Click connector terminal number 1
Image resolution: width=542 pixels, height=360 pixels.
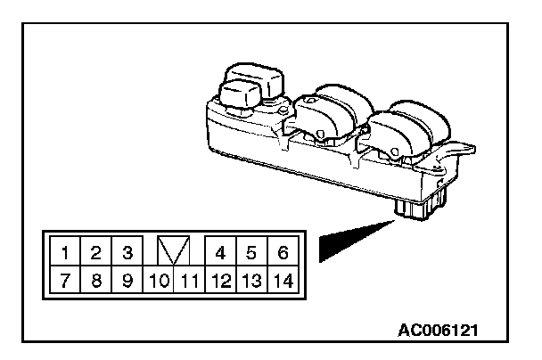(x=65, y=251)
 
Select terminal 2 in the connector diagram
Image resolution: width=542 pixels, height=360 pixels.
(x=95, y=251)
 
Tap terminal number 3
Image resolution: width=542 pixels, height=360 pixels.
(x=127, y=251)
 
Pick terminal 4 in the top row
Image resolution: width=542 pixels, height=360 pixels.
(x=220, y=251)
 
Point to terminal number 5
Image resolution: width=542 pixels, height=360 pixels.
(x=251, y=251)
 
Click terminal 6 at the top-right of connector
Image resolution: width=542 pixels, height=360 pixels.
(x=283, y=251)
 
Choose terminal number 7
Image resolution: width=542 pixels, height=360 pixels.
(x=65, y=280)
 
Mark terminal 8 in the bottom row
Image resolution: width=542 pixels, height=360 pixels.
(x=95, y=280)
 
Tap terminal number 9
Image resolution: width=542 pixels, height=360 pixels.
(x=127, y=280)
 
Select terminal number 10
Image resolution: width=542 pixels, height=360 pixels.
(x=159, y=280)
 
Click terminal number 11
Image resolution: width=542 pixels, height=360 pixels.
(x=189, y=280)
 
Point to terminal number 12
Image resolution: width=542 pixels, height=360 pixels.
(x=220, y=280)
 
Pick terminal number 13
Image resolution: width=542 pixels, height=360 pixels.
(x=251, y=280)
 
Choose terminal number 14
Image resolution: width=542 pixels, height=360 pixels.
(x=283, y=280)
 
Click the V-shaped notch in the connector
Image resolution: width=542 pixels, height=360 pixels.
(x=173, y=250)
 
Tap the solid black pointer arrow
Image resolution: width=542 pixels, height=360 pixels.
(x=357, y=241)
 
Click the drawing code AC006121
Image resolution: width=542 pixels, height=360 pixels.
(x=438, y=331)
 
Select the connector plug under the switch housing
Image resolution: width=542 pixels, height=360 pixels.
(x=420, y=204)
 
